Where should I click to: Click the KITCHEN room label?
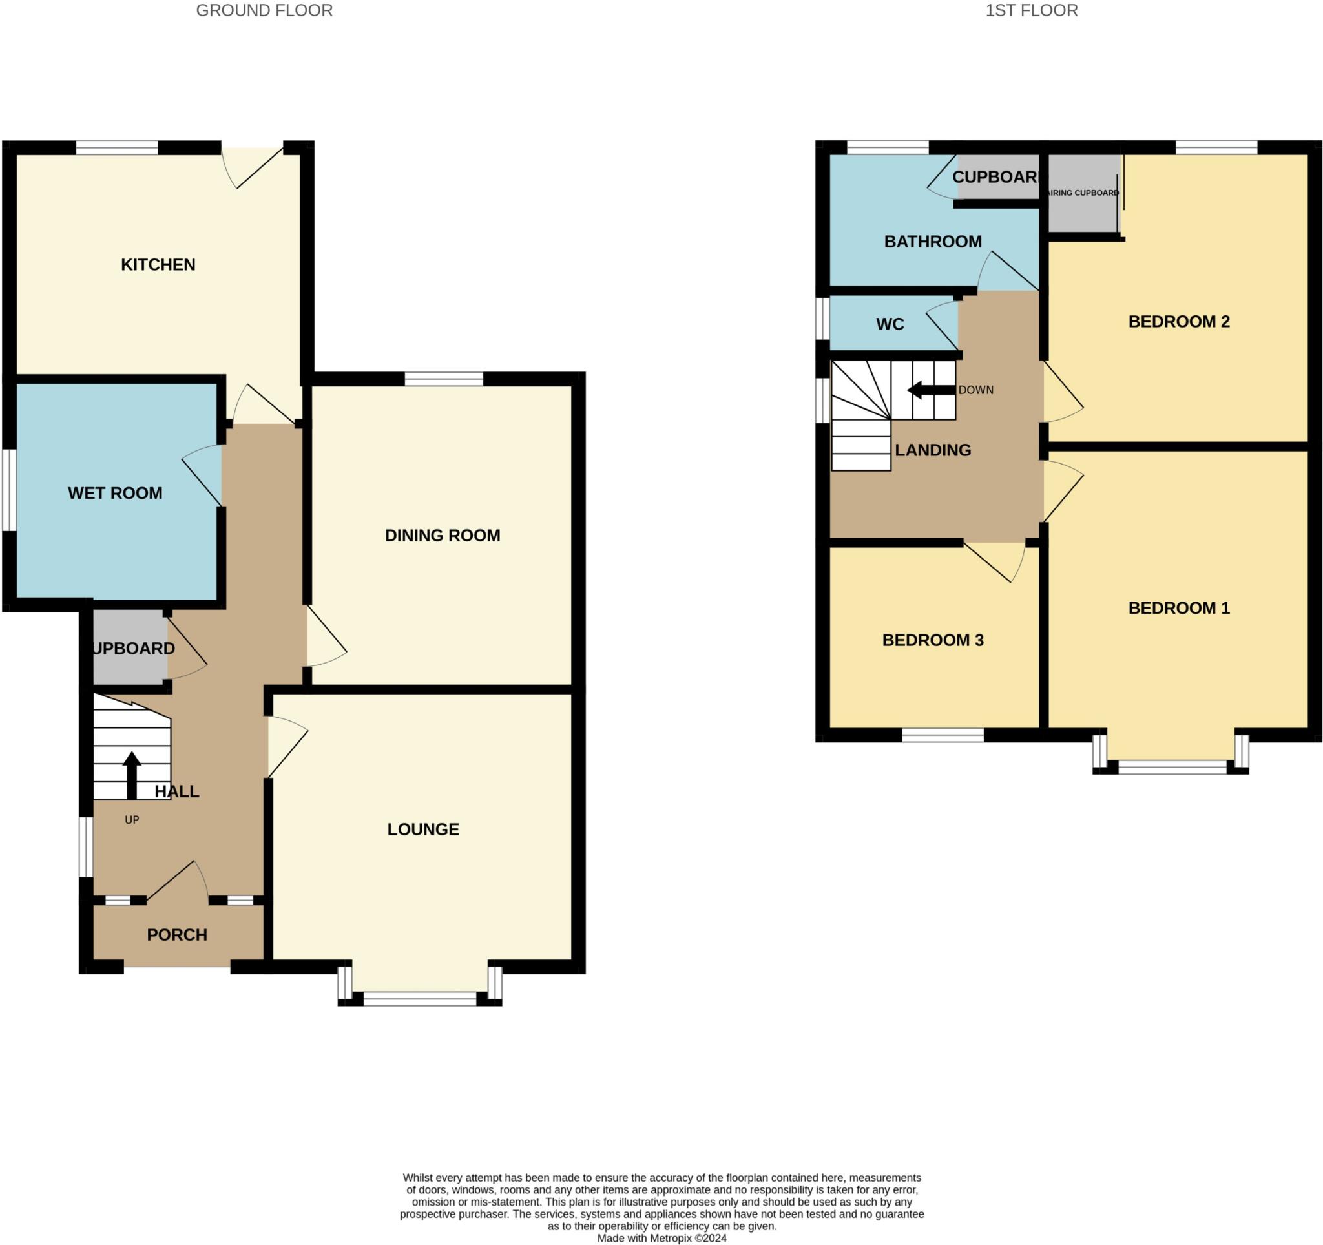pyautogui.click(x=158, y=265)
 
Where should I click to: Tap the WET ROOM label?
pyautogui.click(x=115, y=493)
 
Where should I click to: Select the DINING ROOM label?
pyautogui.click(x=443, y=536)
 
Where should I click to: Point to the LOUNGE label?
pyautogui.click(x=423, y=829)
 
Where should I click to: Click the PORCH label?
pyautogui.click(x=177, y=935)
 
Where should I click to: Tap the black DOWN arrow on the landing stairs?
pyautogui.click(x=930, y=390)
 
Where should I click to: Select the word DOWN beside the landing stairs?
pyautogui.click(x=975, y=390)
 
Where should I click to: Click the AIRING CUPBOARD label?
pyautogui.click(x=1083, y=193)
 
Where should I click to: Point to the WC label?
pyautogui.click(x=890, y=324)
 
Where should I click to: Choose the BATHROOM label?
pyautogui.click(x=932, y=242)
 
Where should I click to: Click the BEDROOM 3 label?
pyautogui.click(x=932, y=640)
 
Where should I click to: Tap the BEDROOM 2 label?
pyautogui.click(x=1178, y=322)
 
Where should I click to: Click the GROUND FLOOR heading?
pyautogui.click(x=264, y=10)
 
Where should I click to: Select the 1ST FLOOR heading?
pyautogui.click(x=1032, y=10)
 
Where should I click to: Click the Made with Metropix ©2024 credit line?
pyautogui.click(x=661, y=1238)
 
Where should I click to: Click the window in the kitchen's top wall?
pyautogui.click(x=116, y=147)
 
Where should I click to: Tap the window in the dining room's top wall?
pyautogui.click(x=444, y=379)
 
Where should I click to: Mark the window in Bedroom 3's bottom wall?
pyautogui.click(x=943, y=735)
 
